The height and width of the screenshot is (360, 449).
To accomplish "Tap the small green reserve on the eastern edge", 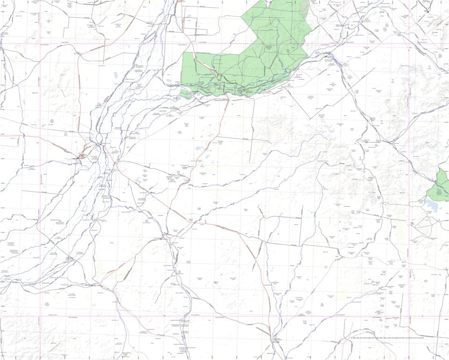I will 440,187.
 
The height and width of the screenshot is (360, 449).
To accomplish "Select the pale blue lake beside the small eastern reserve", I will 431,205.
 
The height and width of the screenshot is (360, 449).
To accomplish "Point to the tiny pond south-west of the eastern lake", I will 412,223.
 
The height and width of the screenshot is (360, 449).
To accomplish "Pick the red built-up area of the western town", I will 83,156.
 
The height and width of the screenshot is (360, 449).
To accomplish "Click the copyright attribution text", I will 387,338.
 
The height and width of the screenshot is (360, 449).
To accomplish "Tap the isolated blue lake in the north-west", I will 115,75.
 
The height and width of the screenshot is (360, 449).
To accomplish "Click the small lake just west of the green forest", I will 169,80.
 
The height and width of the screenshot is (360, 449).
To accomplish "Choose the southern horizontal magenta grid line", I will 224,317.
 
